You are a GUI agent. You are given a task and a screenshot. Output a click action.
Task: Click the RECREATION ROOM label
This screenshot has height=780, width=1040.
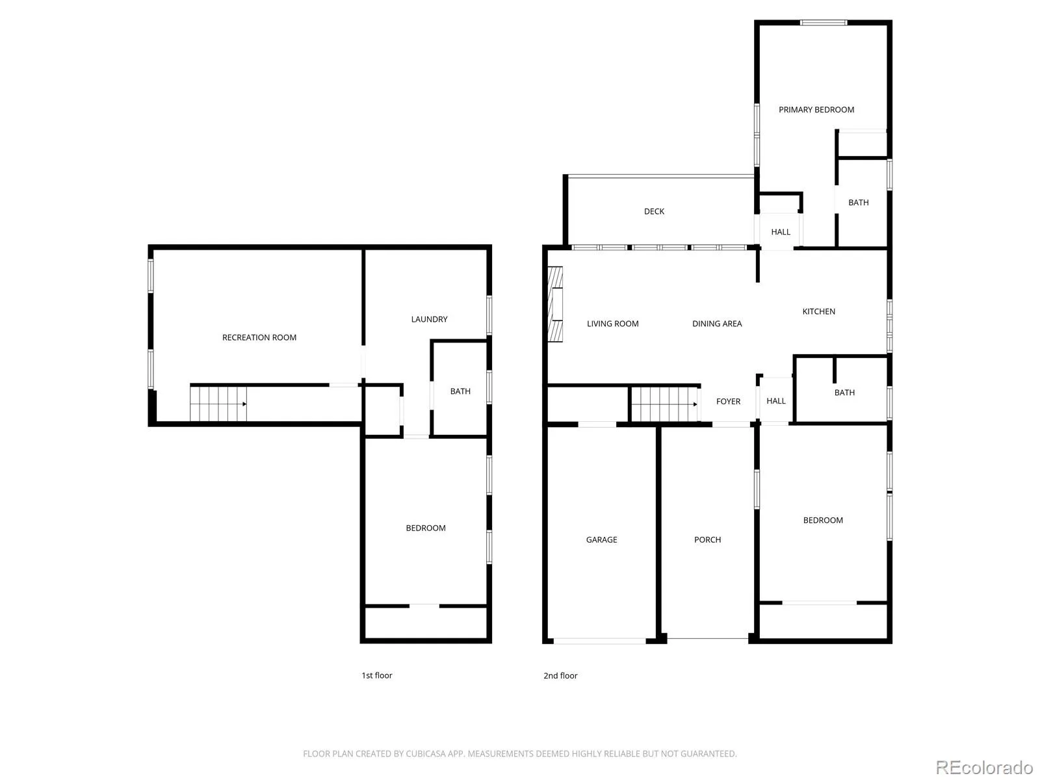(x=259, y=337)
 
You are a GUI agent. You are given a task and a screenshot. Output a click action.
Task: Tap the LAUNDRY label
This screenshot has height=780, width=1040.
(x=429, y=319)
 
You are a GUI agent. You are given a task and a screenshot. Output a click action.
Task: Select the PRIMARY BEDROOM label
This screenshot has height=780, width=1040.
(x=816, y=110)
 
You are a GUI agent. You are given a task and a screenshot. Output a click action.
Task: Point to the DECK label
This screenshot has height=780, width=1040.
(x=654, y=211)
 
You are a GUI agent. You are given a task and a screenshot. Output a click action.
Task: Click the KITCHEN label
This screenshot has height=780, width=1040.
(x=819, y=311)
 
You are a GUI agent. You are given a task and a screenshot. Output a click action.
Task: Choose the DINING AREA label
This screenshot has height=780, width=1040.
(x=717, y=324)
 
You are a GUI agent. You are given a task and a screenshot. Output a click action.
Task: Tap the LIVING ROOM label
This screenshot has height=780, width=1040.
(x=613, y=324)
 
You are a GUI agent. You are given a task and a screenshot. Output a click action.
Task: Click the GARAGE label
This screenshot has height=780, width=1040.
(x=601, y=539)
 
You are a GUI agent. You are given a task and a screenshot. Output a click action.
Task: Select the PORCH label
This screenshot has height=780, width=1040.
(x=707, y=539)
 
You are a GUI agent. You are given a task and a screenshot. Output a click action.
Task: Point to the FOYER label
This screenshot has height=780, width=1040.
(x=728, y=402)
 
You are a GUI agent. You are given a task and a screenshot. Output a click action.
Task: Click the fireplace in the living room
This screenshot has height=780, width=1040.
(x=555, y=304)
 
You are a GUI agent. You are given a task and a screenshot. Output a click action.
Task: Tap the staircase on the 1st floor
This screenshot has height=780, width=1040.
(x=218, y=404)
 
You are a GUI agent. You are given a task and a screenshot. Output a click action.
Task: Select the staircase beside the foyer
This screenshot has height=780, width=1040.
(x=665, y=404)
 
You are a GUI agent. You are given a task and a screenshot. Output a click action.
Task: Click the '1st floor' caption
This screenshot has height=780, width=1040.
(x=376, y=675)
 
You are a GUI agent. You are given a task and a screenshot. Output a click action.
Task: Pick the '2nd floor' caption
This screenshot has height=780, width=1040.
(x=560, y=675)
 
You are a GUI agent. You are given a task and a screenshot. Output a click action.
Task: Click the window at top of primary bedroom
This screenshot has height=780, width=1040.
(x=824, y=22)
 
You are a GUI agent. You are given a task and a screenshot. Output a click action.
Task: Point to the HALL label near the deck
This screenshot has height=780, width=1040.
(x=781, y=232)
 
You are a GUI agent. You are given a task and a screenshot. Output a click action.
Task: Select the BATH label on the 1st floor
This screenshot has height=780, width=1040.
(x=460, y=391)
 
